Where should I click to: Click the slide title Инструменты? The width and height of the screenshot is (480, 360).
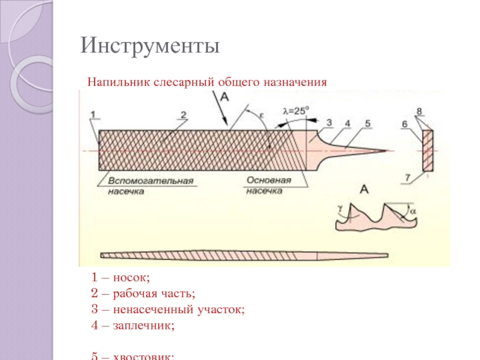tap(151, 46)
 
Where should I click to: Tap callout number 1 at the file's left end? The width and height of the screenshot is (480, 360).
tap(94, 114)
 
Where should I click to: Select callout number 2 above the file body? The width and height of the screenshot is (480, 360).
tap(184, 114)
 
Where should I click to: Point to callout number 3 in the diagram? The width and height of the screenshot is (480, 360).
tap(328, 122)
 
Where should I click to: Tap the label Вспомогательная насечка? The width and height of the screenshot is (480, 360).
tap(150, 185)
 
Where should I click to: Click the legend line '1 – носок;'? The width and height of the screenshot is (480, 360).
tap(120, 278)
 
